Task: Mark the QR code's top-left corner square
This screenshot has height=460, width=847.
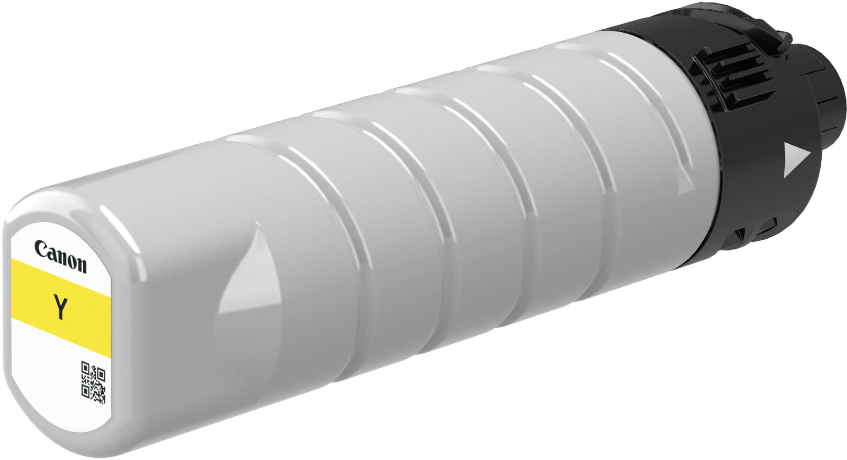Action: click(86, 369)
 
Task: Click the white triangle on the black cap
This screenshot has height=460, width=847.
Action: click(796, 160)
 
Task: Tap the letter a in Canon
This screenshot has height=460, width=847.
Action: click(51, 253)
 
